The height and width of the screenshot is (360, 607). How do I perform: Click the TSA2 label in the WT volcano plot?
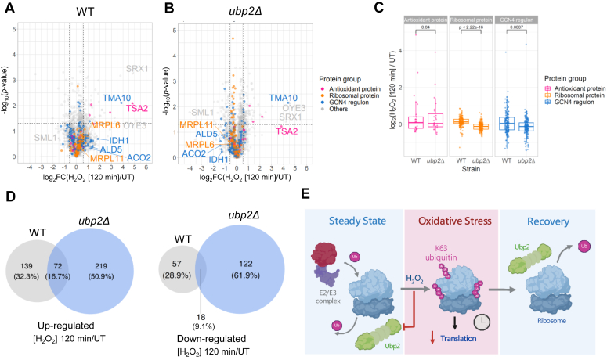point(137,108)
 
